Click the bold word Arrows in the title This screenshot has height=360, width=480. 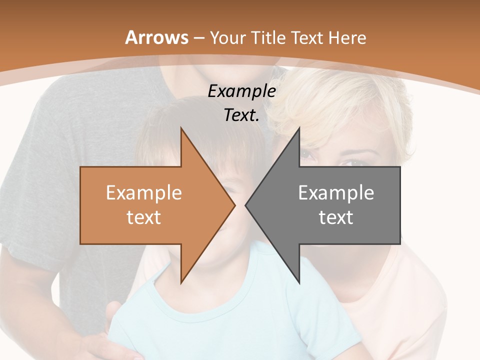(x=157, y=37)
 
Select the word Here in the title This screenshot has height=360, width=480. (x=348, y=37)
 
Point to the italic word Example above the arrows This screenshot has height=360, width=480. (x=241, y=91)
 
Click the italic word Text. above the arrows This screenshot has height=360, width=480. (x=241, y=115)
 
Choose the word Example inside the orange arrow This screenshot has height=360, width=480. (x=143, y=192)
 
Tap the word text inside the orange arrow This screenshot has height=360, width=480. (x=143, y=217)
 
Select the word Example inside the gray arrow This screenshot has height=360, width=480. (x=336, y=192)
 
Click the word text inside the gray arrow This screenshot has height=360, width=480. (x=336, y=217)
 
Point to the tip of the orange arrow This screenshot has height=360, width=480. (x=235, y=205)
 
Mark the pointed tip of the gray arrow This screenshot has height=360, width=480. (x=245, y=205)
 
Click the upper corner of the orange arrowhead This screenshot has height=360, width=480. (x=181, y=128)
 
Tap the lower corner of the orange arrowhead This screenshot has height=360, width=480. (x=181, y=282)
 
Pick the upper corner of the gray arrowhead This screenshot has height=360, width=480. (x=299, y=128)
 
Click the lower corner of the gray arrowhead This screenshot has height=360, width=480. (x=299, y=282)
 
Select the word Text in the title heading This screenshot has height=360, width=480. (x=307, y=37)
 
